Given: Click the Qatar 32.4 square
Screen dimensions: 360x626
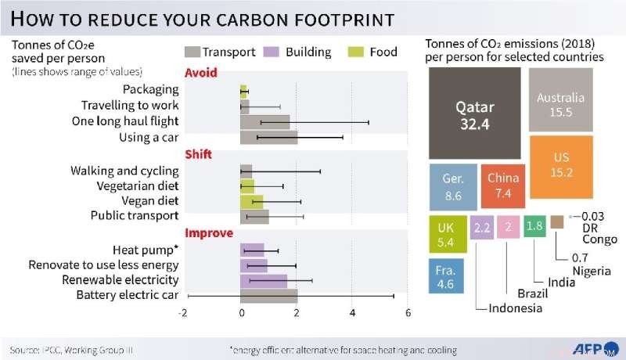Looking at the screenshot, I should pos(475,114).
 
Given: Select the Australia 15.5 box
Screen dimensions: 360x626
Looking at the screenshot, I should pos(560,99).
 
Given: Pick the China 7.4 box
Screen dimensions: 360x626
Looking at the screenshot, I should pos(502,186).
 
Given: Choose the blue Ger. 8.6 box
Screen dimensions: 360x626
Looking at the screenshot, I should pos(452,186).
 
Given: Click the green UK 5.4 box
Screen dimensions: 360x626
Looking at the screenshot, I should pos(447,233).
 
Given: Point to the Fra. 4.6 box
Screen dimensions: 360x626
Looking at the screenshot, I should pos(446,277).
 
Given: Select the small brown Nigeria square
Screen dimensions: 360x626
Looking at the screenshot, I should pos(557,222).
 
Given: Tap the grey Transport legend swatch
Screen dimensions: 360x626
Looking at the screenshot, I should pos(192,52).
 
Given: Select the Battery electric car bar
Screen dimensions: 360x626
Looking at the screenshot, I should pos(268,295).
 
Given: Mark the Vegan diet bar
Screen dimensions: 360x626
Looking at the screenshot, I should pos(251,201).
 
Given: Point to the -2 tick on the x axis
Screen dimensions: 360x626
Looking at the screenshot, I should pos(183,313).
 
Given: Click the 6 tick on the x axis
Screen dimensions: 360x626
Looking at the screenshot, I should pos(408,313).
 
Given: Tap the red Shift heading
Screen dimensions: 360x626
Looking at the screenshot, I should pos(197,154).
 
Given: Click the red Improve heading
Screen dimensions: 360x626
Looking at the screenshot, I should pos(208,233).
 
